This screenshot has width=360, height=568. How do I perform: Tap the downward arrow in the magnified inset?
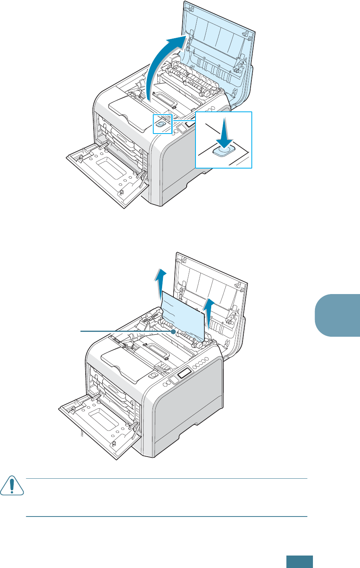point(223,133)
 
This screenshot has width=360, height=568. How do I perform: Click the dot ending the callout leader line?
point(173,331)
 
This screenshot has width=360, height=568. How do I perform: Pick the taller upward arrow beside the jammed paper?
point(160,286)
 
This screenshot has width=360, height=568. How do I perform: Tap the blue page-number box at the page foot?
point(300,562)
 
